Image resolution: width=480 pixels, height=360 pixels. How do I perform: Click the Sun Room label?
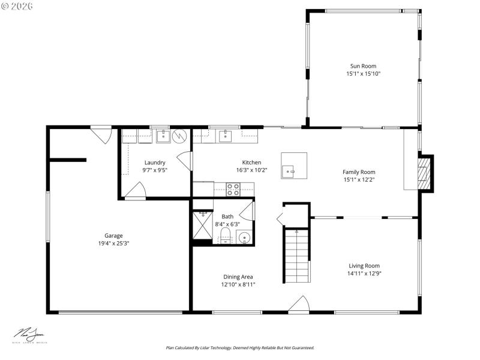click(362, 66)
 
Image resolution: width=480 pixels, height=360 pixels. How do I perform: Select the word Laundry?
click(155, 163)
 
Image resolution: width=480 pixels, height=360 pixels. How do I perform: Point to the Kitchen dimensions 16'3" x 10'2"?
click(251, 170)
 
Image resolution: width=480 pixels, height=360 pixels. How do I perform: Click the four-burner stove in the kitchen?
click(233, 190)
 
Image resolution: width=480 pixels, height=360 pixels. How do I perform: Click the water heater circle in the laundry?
click(180, 136)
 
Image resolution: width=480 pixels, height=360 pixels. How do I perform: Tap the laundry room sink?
click(163, 136)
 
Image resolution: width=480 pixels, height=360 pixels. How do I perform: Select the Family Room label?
click(359, 172)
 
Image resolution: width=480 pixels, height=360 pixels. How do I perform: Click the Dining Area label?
click(238, 277)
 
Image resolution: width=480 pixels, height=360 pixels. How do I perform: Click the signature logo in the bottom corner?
click(30, 335)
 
